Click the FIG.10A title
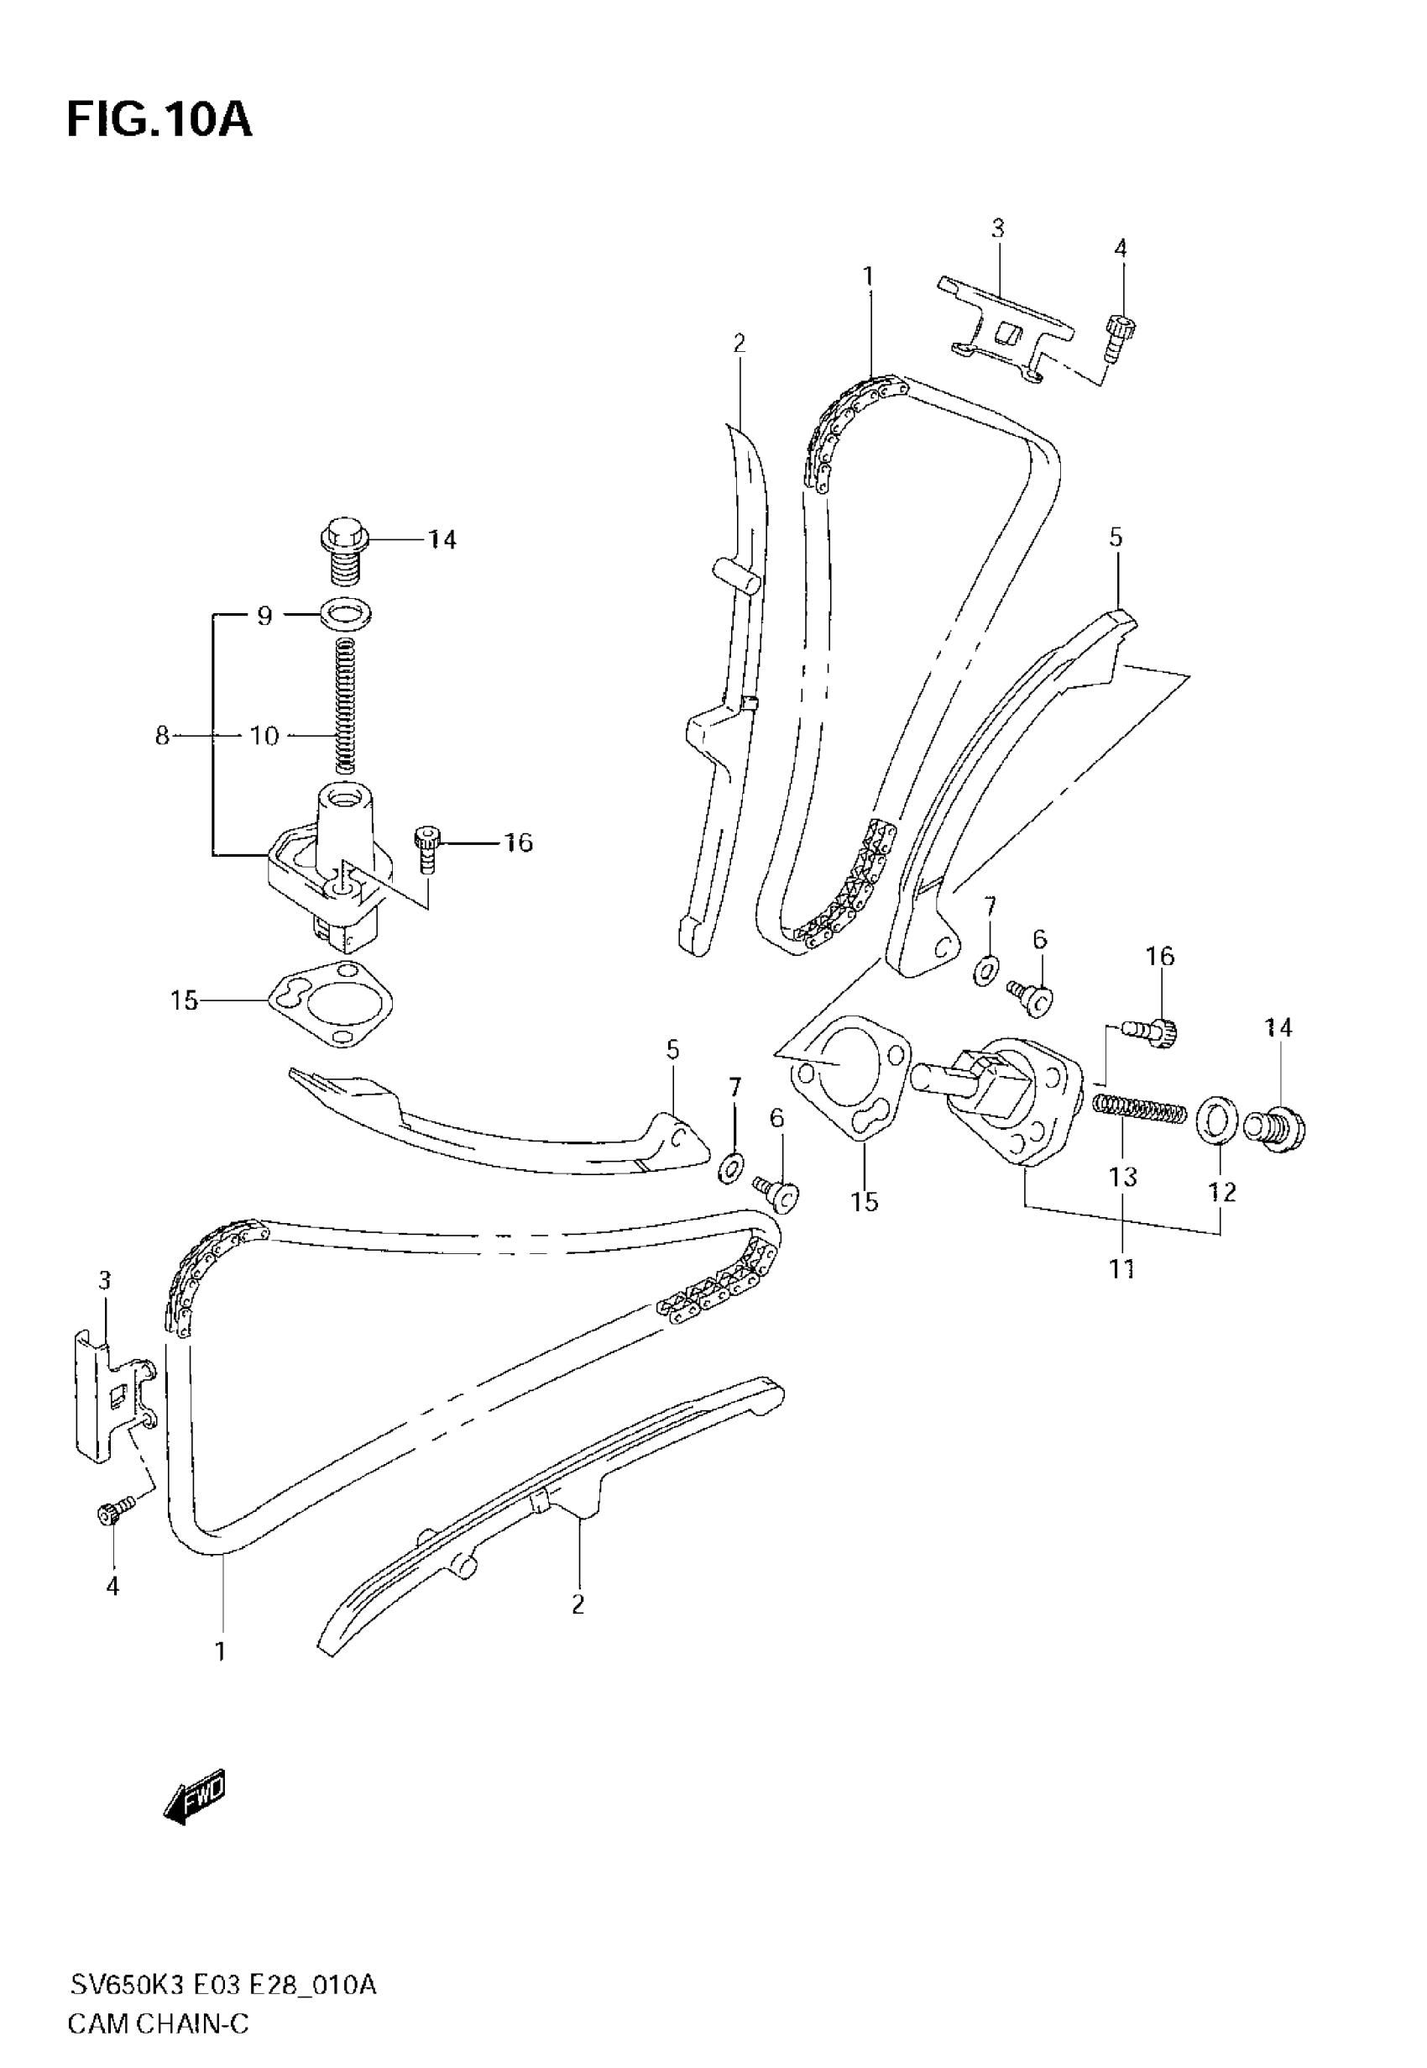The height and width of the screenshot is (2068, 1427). pos(159,120)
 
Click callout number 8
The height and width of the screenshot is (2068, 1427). pos(162,735)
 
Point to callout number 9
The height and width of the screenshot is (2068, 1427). pos(264,616)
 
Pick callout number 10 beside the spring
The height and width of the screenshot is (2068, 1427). pos(264,735)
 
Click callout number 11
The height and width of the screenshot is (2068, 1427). pos(1121,1268)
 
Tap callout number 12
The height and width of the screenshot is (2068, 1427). pos(1221,1191)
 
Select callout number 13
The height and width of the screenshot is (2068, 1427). pos(1123,1177)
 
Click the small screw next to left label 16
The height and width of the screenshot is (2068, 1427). pos(426,847)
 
